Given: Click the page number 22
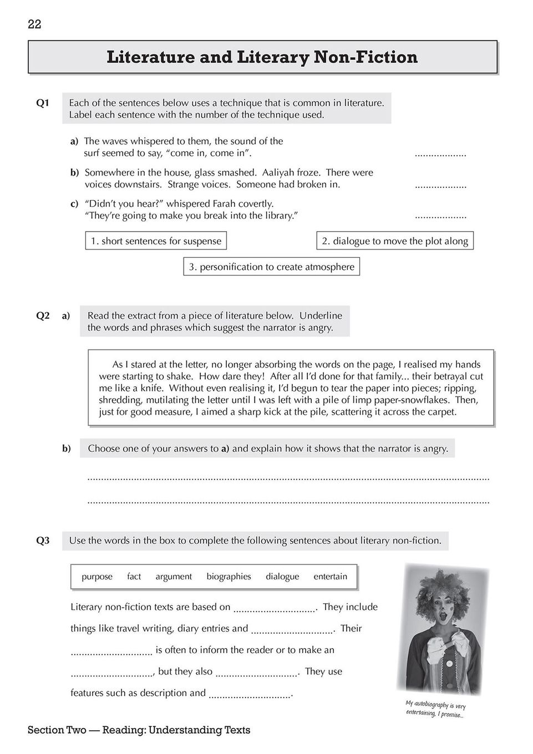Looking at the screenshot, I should coord(34,24).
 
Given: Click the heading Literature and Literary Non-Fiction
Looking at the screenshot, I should coord(262,57).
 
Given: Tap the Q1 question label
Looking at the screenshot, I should coord(43,103).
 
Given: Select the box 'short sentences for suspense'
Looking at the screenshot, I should coord(156,241).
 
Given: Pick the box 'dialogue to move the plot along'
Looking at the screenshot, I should coord(395,241).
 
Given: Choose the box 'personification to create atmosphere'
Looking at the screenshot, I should coord(271,267).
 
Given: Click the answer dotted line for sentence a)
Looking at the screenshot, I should coord(440,155).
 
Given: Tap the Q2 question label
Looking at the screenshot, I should coord(43,315).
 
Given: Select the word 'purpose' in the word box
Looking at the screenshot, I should coord(97,577).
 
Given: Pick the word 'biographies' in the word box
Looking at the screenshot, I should coord(229,577).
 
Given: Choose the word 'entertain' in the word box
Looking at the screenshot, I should coord(330,577).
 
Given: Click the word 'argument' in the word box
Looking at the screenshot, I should coord(174,577).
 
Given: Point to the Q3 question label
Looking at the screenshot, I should coord(43,541).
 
